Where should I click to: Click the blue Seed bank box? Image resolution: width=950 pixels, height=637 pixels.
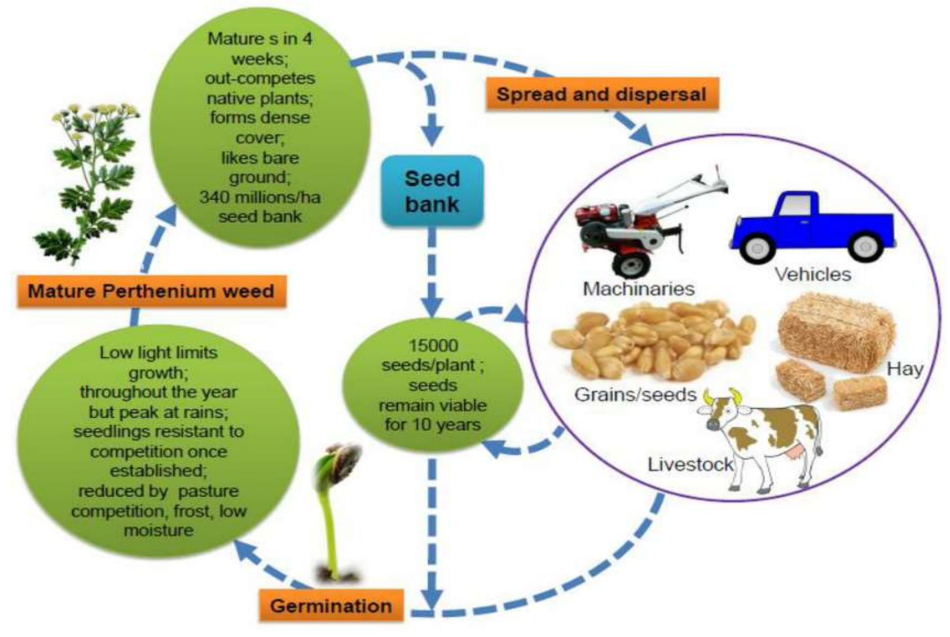point(432,191)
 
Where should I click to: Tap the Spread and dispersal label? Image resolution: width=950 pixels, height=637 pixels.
point(601,94)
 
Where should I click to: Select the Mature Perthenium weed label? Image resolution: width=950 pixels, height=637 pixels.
point(151,291)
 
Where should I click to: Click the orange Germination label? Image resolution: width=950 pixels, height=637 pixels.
point(331,606)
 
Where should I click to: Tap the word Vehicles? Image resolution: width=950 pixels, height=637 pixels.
point(812,275)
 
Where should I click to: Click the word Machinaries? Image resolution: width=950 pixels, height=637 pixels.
point(638,289)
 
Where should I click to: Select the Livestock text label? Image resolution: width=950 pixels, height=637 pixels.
point(690,465)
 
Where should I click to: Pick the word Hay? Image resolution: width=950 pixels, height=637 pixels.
point(905,369)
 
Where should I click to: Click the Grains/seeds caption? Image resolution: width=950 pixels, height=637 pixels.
point(635,394)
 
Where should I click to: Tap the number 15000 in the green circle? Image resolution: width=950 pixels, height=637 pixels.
point(433,346)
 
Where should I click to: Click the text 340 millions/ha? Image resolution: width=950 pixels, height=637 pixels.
point(260,197)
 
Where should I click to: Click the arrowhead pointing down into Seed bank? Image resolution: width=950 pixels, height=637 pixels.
point(433,137)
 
